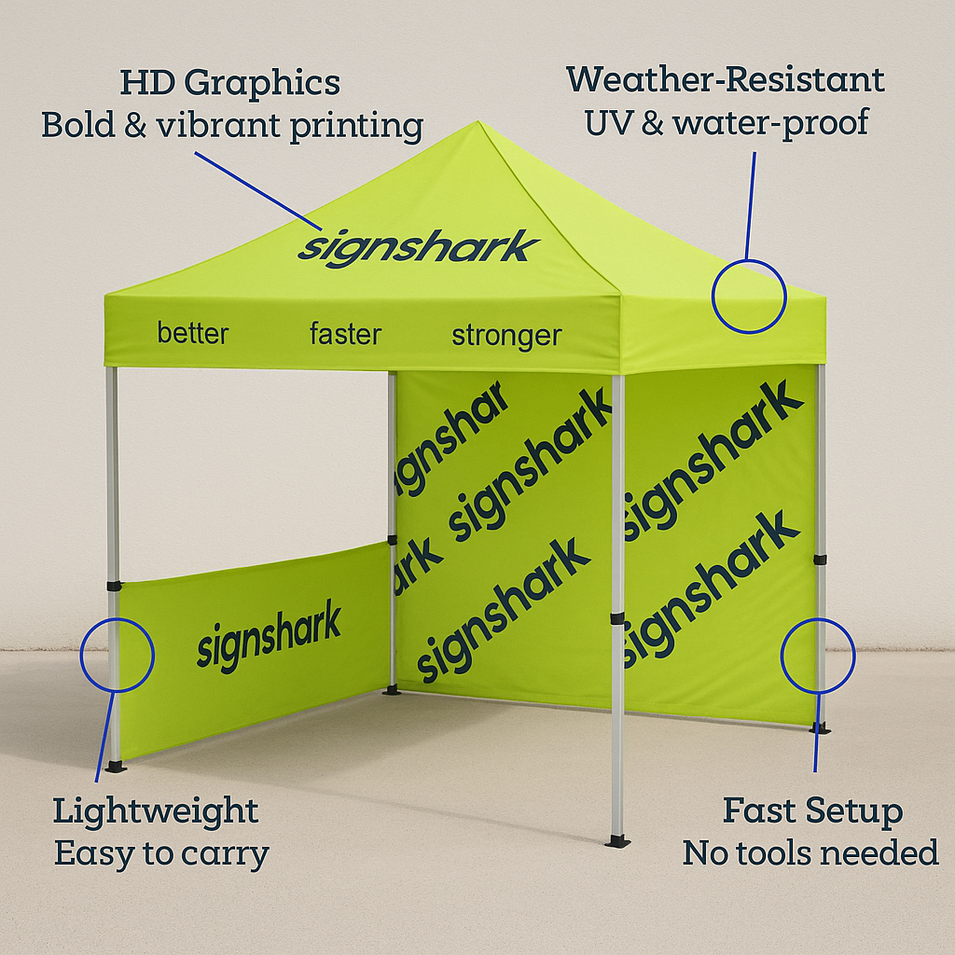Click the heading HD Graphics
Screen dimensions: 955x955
click(229, 83)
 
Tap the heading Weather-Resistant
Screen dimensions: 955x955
click(725, 80)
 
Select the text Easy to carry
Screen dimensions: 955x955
click(161, 853)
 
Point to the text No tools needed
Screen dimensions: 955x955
click(810, 852)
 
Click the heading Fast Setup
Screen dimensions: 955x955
click(812, 810)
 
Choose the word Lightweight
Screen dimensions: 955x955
click(155, 810)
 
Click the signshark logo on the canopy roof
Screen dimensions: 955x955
click(418, 248)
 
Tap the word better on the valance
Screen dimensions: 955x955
click(193, 333)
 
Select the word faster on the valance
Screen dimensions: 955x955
click(345, 334)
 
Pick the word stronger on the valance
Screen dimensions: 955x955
click(506, 336)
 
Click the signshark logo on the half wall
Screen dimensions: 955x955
click(269, 636)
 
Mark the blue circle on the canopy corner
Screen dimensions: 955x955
click(749, 296)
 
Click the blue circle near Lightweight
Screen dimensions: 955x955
click(118, 654)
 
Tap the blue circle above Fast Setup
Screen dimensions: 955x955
click(817, 656)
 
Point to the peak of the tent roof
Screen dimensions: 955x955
click(478, 122)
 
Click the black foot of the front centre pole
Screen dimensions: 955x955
click(617, 841)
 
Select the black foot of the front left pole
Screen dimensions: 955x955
click(116, 767)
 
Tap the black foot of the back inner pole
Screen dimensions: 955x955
click(392, 690)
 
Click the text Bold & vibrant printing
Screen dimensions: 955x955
click(232, 126)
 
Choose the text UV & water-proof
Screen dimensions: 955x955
click(727, 122)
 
